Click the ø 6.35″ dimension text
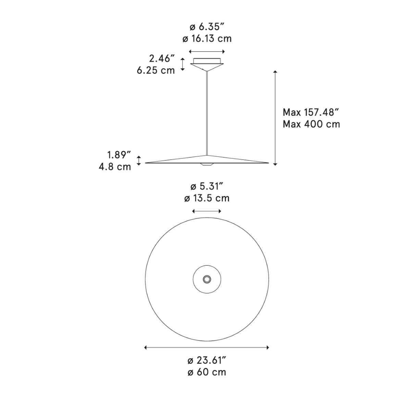point(207,27)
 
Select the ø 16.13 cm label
point(207,39)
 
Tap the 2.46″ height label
point(162,59)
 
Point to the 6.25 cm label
point(156,70)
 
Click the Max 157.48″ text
point(311,112)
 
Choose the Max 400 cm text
point(311,124)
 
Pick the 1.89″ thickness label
point(119,155)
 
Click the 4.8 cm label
point(115,167)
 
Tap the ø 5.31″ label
point(207,187)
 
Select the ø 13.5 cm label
point(207,198)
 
